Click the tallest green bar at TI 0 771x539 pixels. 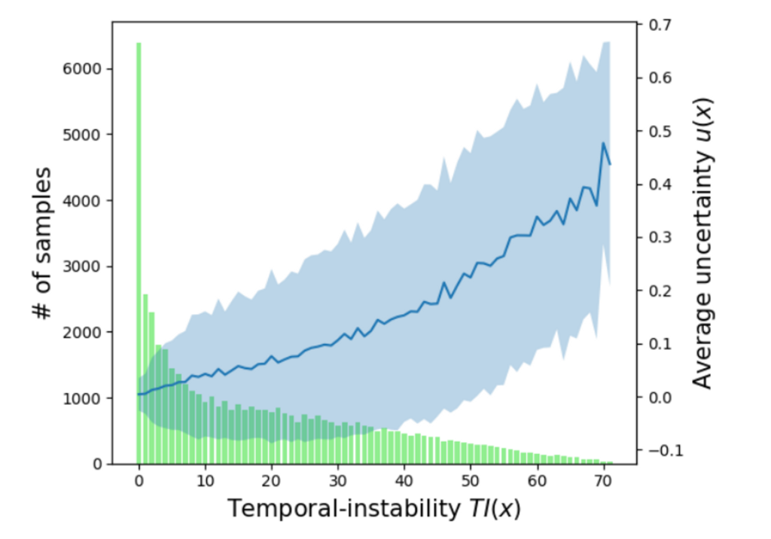coord(139,248)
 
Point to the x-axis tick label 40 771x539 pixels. coord(404,481)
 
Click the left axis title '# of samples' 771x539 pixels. coord(44,233)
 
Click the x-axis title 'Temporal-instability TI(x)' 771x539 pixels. coord(373,510)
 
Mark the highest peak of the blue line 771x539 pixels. coord(603,143)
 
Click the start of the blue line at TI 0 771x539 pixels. coord(138,394)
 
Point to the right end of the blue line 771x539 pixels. coord(610,164)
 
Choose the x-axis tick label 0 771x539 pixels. coord(139,481)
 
